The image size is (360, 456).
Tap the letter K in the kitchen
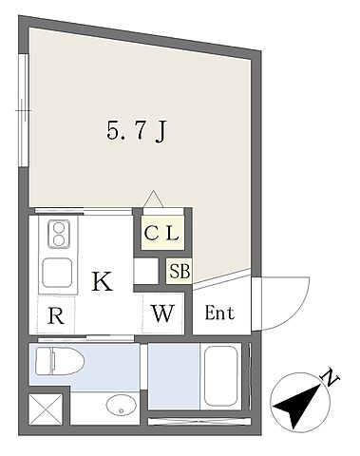click(x=102, y=280)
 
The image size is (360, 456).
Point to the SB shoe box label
click(x=180, y=271)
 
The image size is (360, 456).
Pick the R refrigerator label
click(x=56, y=316)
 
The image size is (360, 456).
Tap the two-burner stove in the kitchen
click(x=56, y=234)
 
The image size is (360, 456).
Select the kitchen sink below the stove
click(x=57, y=275)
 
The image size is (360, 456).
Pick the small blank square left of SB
click(x=145, y=271)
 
